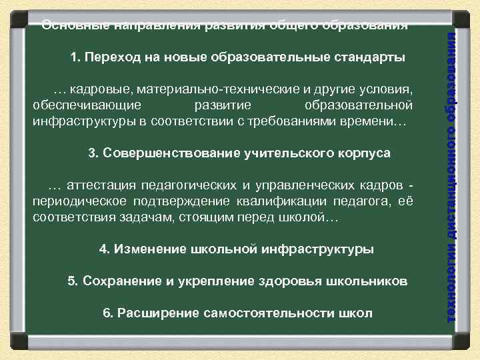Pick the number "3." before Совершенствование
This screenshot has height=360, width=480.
[x=94, y=153]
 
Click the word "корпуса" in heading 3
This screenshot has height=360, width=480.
[x=366, y=153]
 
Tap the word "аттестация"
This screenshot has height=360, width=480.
[x=101, y=185]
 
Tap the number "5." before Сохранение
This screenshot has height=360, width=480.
[x=74, y=281]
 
